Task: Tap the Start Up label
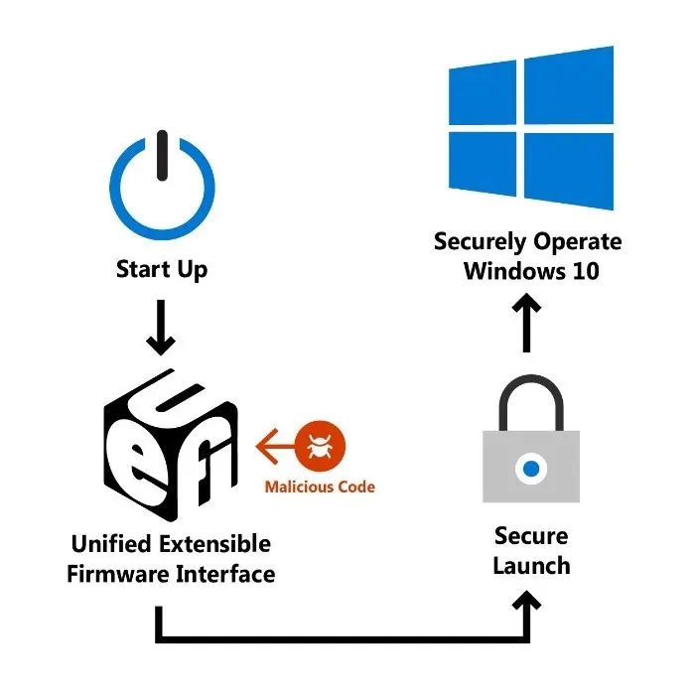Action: (x=162, y=269)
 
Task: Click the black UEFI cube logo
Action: (x=170, y=446)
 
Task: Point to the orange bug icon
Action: (x=321, y=445)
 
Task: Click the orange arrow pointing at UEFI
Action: (x=278, y=445)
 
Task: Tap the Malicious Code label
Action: (x=320, y=487)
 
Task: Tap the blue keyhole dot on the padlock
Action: (x=531, y=466)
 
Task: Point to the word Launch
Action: (x=531, y=566)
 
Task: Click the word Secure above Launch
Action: (x=531, y=536)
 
